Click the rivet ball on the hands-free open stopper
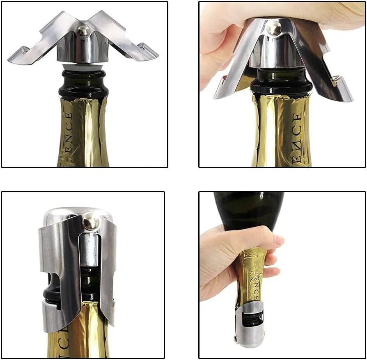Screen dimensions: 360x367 (x=84, y=30)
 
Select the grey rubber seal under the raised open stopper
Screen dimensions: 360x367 (x=84, y=67)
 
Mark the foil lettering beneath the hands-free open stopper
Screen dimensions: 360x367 (x=68, y=135)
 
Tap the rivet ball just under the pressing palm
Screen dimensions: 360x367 (x=274, y=29)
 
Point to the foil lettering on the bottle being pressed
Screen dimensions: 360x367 (x=296, y=135)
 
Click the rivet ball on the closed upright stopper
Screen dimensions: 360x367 (x=90, y=223)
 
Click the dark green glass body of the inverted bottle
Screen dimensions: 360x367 (x=250, y=209)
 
